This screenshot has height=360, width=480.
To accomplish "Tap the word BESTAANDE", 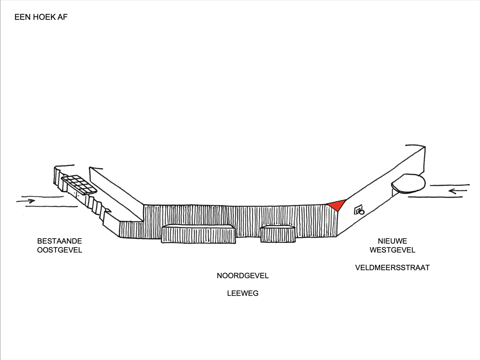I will pos(59,241).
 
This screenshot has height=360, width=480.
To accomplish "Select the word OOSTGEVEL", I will pos(59,250).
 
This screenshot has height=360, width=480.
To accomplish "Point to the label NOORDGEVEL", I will pos(242,276).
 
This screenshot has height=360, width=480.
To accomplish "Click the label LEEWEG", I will pos(242,293).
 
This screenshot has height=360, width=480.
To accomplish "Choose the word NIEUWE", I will pos(392,241).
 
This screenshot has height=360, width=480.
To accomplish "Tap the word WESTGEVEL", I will pos(392,250).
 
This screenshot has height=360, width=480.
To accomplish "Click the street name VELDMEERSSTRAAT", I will pos(392,268).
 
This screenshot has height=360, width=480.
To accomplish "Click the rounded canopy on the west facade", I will pos(409,183).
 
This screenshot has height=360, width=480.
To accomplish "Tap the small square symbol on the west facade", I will pos(358,210).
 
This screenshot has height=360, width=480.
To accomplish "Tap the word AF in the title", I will pos(62,17).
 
